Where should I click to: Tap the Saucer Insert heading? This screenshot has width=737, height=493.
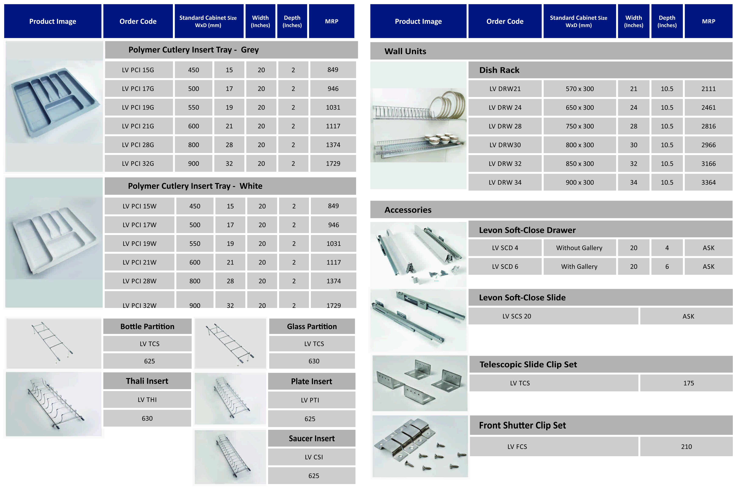pyautogui.click(x=312, y=438)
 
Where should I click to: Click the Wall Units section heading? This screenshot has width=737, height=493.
pyautogui.click(x=405, y=51)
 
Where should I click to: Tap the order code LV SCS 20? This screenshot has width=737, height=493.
pyautogui.click(x=517, y=316)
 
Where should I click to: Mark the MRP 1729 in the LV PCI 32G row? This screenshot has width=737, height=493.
pyautogui.click(x=333, y=163)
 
